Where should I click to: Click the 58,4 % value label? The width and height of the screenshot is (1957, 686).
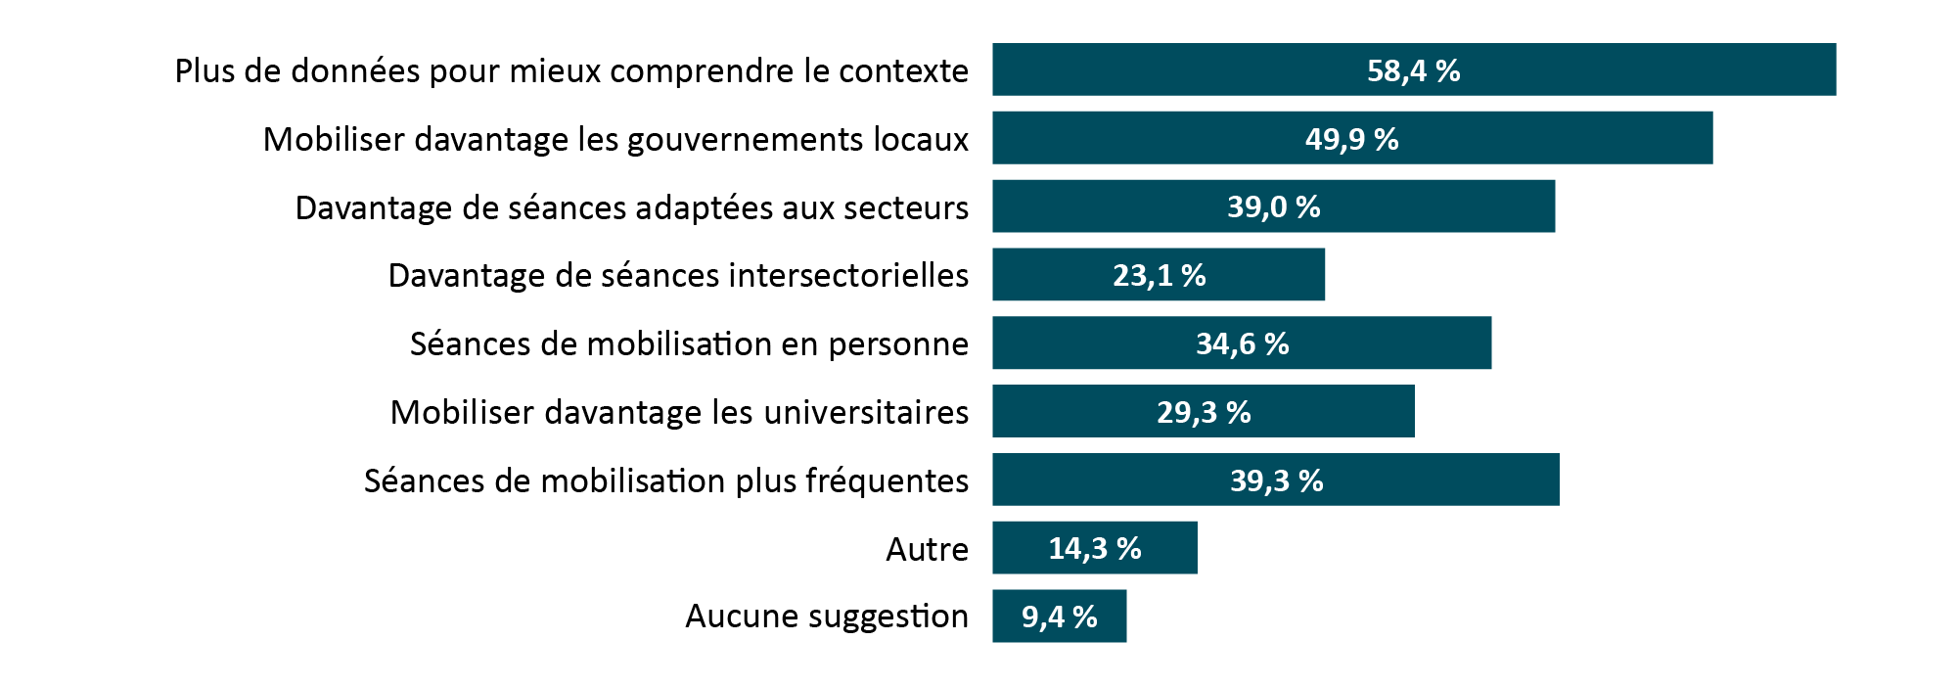tap(1413, 70)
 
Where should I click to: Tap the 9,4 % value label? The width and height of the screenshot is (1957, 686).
tap(1060, 617)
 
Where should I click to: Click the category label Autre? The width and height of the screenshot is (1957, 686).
tap(927, 549)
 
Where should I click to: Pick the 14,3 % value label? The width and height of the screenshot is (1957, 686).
tap(1095, 548)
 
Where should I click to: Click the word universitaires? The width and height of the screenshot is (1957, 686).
tap(865, 412)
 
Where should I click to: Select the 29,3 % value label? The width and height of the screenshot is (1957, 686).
tap(1204, 412)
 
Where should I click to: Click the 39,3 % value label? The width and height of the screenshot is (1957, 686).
tap(1276, 480)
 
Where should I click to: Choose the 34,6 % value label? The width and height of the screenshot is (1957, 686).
tap(1242, 343)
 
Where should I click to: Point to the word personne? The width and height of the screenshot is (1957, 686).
tap(897, 344)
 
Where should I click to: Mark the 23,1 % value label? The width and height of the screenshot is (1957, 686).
tap(1159, 275)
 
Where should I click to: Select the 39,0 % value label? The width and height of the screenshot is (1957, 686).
tap(1273, 206)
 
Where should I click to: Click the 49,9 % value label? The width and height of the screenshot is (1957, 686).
tap(1351, 139)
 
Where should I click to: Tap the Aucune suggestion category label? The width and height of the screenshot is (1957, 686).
tap(826, 617)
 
